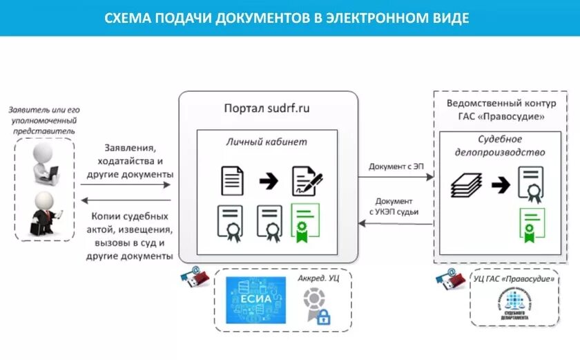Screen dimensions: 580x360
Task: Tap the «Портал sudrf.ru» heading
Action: click(267, 109)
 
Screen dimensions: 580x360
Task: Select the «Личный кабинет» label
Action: click(267, 142)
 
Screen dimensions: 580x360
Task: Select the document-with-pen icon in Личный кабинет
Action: click(307, 181)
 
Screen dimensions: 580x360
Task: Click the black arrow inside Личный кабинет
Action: click(269, 182)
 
